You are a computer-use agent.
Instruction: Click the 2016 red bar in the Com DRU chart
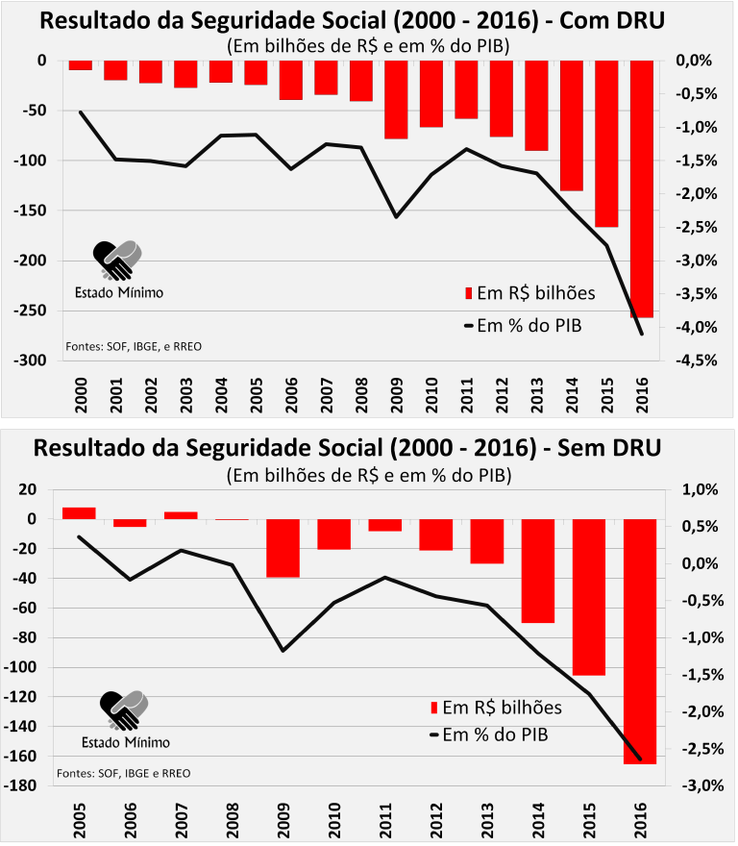pyautogui.click(x=642, y=188)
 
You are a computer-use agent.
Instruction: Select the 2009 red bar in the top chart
pyautogui.click(x=396, y=100)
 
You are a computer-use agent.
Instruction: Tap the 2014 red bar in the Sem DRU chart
pyautogui.click(x=538, y=571)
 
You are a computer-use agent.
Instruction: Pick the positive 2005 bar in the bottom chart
pyautogui.click(x=79, y=513)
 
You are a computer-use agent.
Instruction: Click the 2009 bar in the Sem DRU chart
pyautogui.click(x=283, y=548)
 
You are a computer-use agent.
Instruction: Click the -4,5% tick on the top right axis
pyautogui.click(x=697, y=361)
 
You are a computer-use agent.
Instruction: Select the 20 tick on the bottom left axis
pyautogui.click(x=28, y=490)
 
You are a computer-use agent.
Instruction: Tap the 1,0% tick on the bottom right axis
pyautogui.click(x=700, y=490)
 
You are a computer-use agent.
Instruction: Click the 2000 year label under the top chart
pyautogui.click(x=81, y=395)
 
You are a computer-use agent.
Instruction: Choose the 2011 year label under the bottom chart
pyautogui.click(x=385, y=820)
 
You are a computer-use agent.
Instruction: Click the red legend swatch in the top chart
pyautogui.click(x=468, y=293)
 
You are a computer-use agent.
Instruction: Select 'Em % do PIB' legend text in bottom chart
pyautogui.click(x=495, y=734)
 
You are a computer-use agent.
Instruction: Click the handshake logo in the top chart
pyautogui.click(x=117, y=261)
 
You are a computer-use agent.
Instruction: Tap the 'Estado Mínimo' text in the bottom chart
pyautogui.click(x=126, y=742)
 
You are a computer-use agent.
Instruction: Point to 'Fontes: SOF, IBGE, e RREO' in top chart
pyautogui.click(x=134, y=346)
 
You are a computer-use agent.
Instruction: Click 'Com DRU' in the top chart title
pyautogui.click(x=612, y=20)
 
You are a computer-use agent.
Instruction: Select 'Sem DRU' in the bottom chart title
pyautogui.click(x=609, y=448)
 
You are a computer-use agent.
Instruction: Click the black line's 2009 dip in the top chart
pyautogui.click(x=396, y=217)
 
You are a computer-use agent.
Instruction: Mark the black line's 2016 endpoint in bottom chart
pyautogui.click(x=640, y=759)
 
